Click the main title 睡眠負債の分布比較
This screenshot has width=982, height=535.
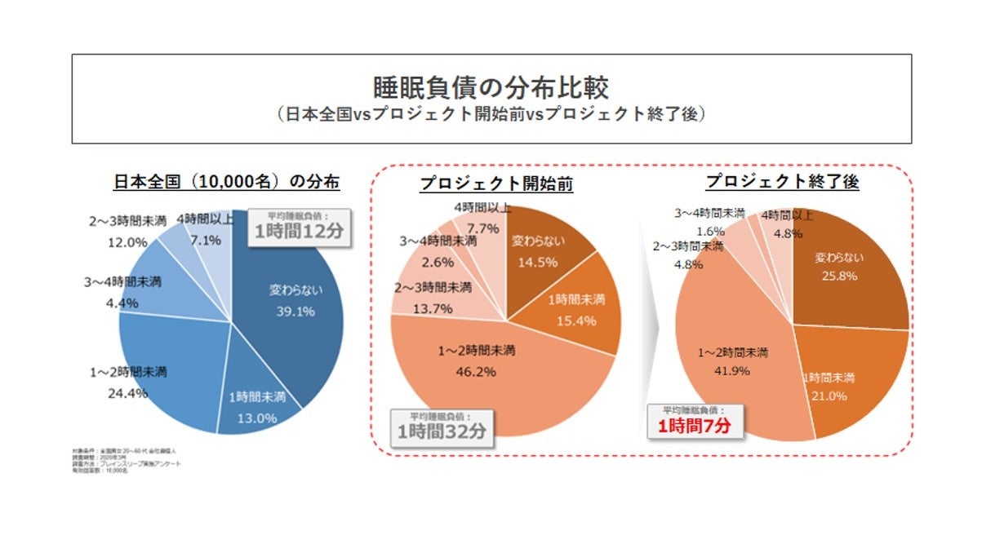491,87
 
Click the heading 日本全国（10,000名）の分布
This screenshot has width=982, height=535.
226,182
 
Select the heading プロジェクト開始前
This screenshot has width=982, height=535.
495,184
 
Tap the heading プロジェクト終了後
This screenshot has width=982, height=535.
782,182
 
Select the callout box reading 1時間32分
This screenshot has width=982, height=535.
441,428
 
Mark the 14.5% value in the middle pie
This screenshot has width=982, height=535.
539,262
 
